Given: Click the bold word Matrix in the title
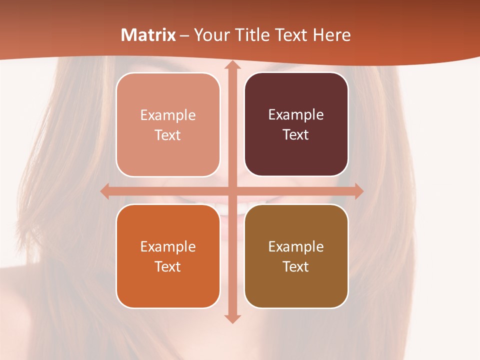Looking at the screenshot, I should pyautogui.click(x=148, y=35).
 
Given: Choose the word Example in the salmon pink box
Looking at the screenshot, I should pyautogui.click(x=168, y=115).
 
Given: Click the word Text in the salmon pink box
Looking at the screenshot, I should pyautogui.click(x=168, y=135).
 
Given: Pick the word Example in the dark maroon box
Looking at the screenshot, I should pyautogui.click(x=296, y=115).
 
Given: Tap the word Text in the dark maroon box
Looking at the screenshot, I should pyautogui.click(x=296, y=135).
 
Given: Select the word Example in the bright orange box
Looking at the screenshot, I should pyautogui.click(x=168, y=247).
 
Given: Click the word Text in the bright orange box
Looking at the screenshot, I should pyautogui.click(x=168, y=267).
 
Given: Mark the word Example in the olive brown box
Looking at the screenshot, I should pyautogui.click(x=296, y=247).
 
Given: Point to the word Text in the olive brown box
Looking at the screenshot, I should pyautogui.click(x=296, y=267).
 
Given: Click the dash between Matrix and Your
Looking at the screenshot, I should pyautogui.click(x=184, y=35).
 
